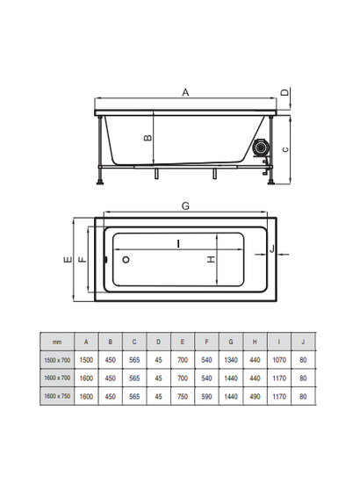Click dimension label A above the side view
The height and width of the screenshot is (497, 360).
(x=185, y=92)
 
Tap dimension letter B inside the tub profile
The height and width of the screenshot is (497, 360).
(x=148, y=138)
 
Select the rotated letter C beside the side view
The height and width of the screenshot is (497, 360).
(x=285, y=149)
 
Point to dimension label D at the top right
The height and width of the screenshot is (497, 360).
(x=285, y=92)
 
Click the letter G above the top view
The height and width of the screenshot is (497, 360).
(x=185, y=206)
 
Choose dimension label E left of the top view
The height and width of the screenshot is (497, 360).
(x=68, y=260)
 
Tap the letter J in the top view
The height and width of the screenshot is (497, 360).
(x=272, y=249)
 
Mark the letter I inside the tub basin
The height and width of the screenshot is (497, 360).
(x=179, y=244)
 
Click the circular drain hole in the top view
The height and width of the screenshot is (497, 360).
(x=126, y=260)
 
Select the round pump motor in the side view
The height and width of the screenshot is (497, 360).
(x=261, y=148)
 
